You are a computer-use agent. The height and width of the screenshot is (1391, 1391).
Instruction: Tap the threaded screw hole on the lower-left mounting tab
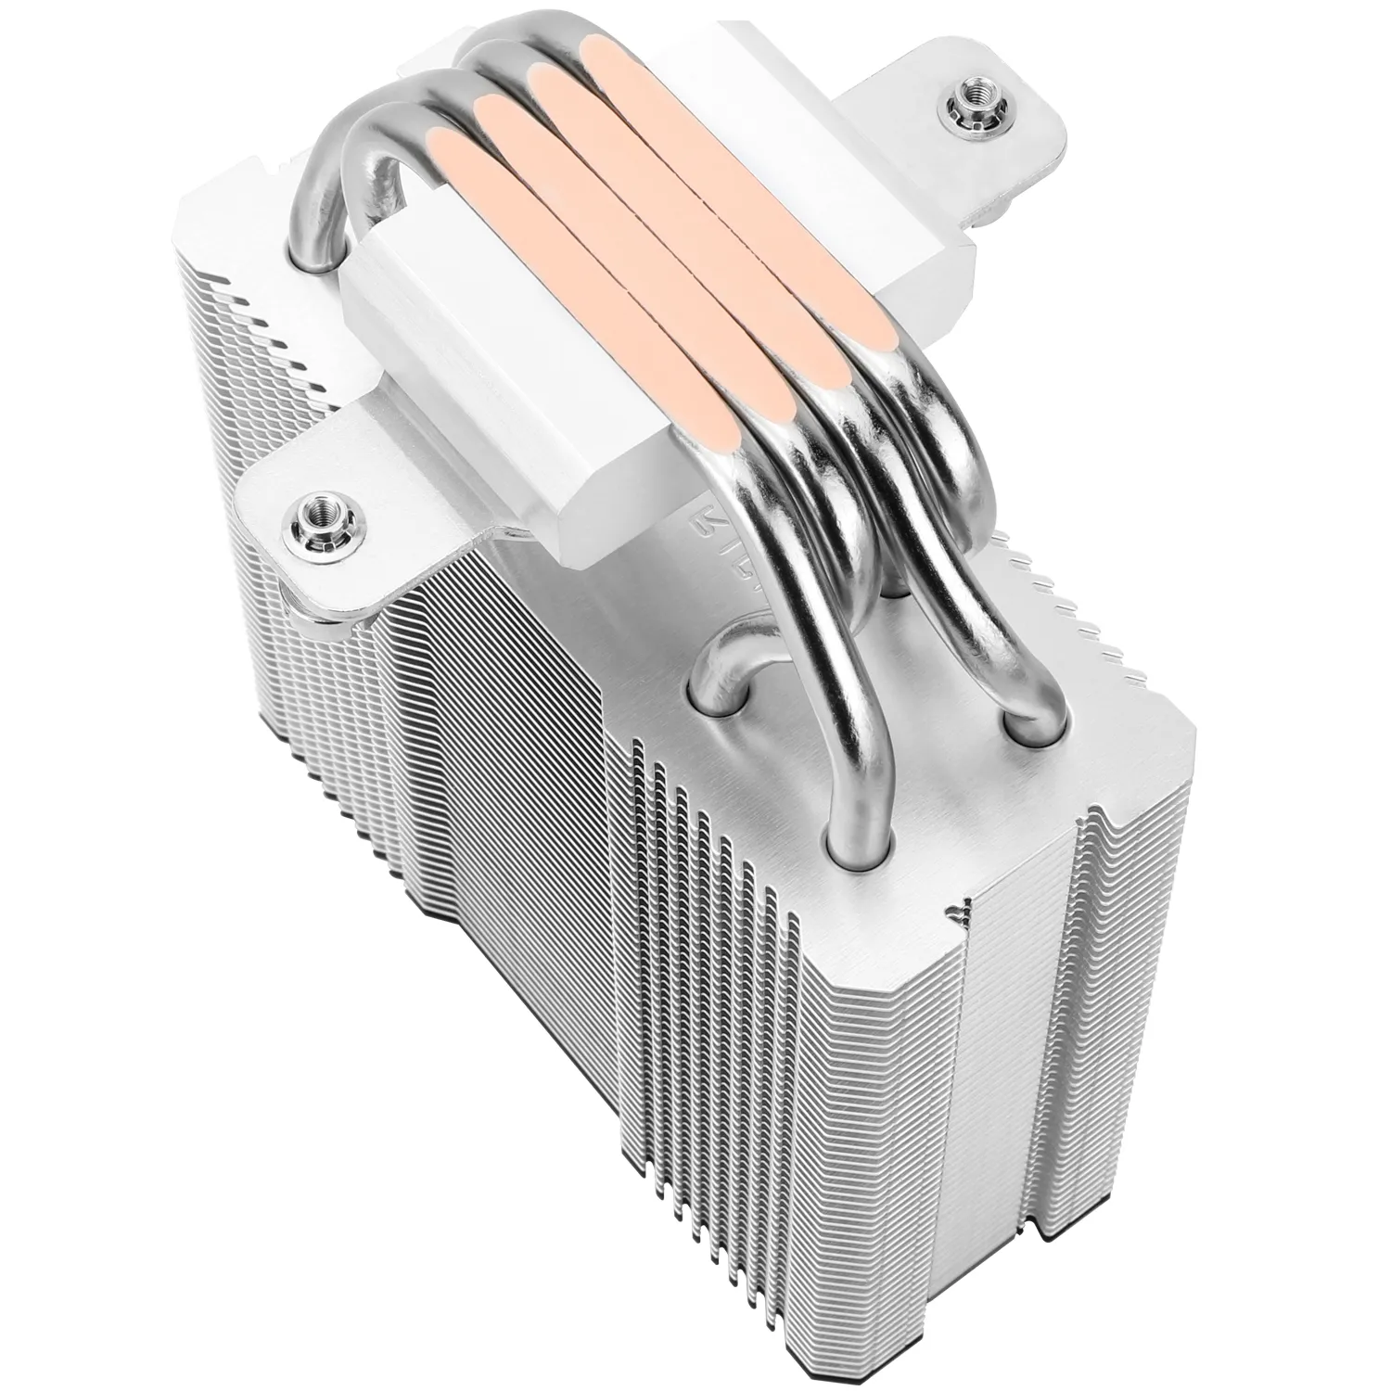[x=310, y=509]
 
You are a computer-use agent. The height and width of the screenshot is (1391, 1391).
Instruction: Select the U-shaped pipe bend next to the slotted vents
[x=733, y=672]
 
